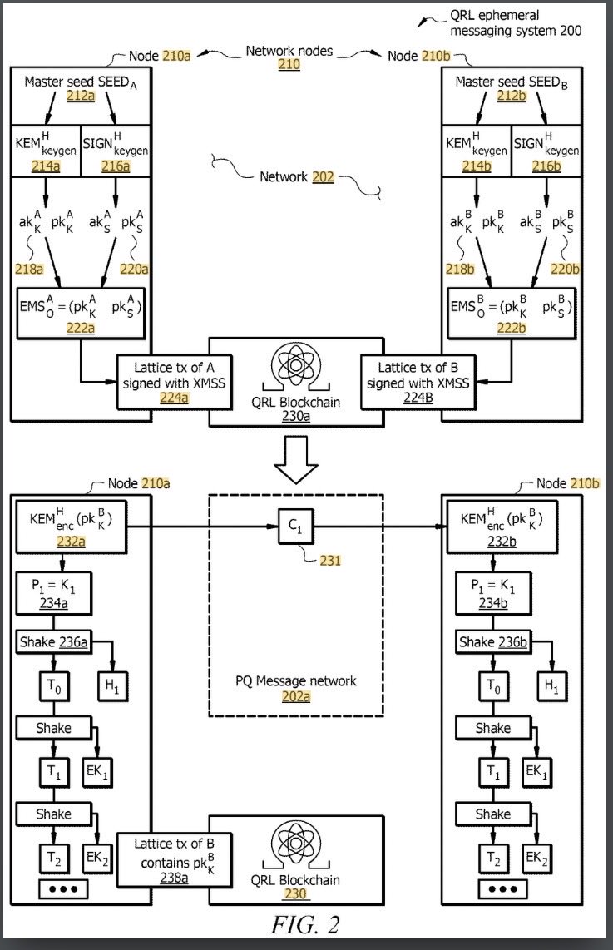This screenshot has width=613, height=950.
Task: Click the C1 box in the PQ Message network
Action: click(295, 527)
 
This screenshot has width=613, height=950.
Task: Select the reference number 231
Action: click(330, 561)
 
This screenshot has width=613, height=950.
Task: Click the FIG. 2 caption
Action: click(304, 924)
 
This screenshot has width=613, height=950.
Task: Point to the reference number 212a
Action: click(81, 96)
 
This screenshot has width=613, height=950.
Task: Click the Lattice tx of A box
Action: click(174, 383)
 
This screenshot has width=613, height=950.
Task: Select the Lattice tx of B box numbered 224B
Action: click(418, 383)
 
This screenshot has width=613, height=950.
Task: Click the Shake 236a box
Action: click(54, 641)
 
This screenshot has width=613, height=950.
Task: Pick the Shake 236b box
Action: click(493, 641)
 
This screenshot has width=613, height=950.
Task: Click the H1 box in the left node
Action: click(112, 685)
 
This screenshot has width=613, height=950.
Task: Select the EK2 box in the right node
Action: click(536, 858)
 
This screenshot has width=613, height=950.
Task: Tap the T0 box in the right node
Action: click(493, 685)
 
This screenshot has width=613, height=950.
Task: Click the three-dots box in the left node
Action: click(63, 888)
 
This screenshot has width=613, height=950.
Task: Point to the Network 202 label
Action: click(297, 177)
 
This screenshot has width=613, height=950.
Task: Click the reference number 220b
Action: click(565, 269)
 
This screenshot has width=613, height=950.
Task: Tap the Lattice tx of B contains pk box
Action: click(174, 860)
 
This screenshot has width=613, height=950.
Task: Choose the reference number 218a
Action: click(29, 269)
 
